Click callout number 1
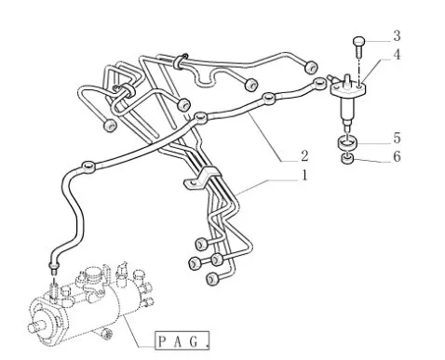[304, 175]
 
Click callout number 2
[304, 155]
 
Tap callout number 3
[397, 35]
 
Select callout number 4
[397, 55]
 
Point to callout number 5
[397, 138]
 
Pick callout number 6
[397, 156]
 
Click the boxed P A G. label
[182, 340]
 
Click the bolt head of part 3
[358, 41]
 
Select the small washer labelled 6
[347, 159]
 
